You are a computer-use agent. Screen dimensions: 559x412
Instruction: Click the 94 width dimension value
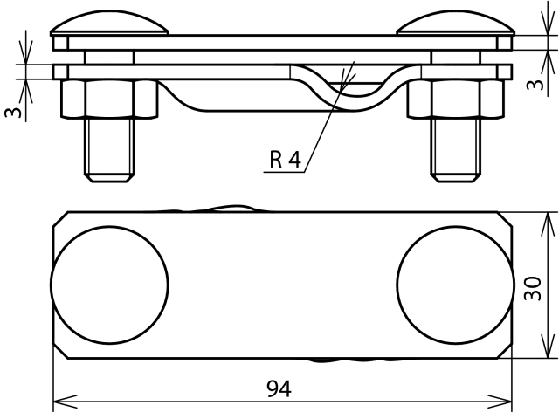(x=279, y=388)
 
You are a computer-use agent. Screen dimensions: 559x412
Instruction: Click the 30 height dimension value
(x=533, y=288)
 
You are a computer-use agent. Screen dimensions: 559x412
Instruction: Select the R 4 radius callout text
(x=286, y=160)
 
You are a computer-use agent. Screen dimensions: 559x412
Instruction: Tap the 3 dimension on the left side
(x=13, y=113)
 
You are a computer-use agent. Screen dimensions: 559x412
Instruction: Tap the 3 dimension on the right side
(x=535, y=85)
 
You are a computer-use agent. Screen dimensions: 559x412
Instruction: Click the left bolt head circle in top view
(x=109, y=285)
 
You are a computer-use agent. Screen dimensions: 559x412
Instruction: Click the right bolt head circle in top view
(x=455, y=285)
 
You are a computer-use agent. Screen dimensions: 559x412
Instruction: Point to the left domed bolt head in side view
(x=109, y=23)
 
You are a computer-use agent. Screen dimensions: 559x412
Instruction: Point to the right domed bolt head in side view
(x=455, y=23)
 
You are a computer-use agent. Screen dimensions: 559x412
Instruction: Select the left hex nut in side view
(x=109, y=99)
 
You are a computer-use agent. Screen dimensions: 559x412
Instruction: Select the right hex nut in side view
(x=456, y=99)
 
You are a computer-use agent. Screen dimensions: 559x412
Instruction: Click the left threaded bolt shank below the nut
(x=109, y=150)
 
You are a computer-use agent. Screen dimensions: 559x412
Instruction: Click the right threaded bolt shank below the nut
(x=455, y=150)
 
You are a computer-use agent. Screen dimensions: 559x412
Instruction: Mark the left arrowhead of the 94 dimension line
(x=53, y=402)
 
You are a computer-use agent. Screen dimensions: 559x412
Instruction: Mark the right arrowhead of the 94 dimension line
(x=512, y=402)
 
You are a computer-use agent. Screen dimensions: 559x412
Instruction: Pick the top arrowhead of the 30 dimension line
(x=548, y=213)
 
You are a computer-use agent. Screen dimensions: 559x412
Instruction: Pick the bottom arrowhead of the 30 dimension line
(x=548, y=358)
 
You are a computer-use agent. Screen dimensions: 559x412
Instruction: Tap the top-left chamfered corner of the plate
(x=60, y=219)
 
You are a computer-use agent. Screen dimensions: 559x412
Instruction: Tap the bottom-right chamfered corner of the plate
(x=504, y=351)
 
